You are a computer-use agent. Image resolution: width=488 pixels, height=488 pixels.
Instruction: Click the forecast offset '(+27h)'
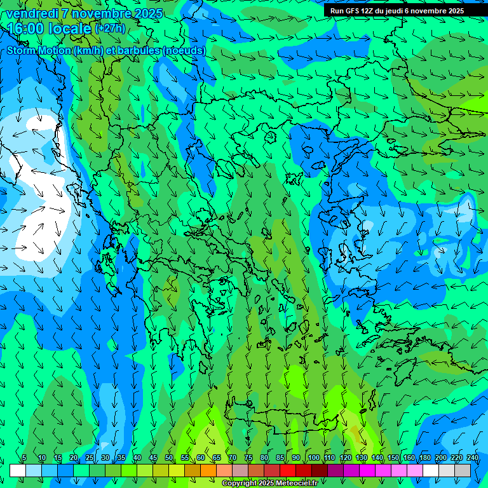(x=110, y=29)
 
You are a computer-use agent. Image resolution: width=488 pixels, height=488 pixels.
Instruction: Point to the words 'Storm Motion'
(x=39, y=50)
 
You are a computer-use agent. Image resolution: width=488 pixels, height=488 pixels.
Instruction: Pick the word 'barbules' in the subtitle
(x=139, y=50)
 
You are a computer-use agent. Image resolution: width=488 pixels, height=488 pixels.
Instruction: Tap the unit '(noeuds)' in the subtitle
(x=184, y=50)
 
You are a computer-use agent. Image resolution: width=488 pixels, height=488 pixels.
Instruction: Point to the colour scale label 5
(x=24, y=458)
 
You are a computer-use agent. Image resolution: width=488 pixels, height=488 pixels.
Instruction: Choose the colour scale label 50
(x=169, y=458)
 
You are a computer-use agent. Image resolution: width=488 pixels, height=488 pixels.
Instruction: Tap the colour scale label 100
(x=313, y=458)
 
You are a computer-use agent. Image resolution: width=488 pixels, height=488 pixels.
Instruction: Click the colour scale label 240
(x=473, y=458)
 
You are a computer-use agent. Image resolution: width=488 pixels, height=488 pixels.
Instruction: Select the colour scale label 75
(x=248, y=458)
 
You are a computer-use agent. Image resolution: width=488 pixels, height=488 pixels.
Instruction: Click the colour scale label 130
(x=362, y=458)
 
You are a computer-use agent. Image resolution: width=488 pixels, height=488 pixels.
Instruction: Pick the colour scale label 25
(x=90, y=458)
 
